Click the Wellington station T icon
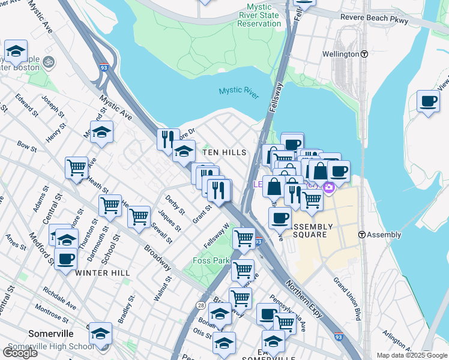pyautogui.click(x=364, y=54)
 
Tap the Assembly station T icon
pyautogui.click(x=363, y=235)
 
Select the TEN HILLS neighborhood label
pyautogui.click(x=224, y=153)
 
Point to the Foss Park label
pyautogui.click(x=211, y=261)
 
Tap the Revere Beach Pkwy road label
pyautogui.click(x=374, y=19)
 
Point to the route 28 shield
pyautogui.click(x=199, y=306)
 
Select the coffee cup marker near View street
pyautogui.click(x=428, y=101)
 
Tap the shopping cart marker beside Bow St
pyautogui.click(x=77, y=167)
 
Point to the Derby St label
pyautogui.click(x=175, y=205)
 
